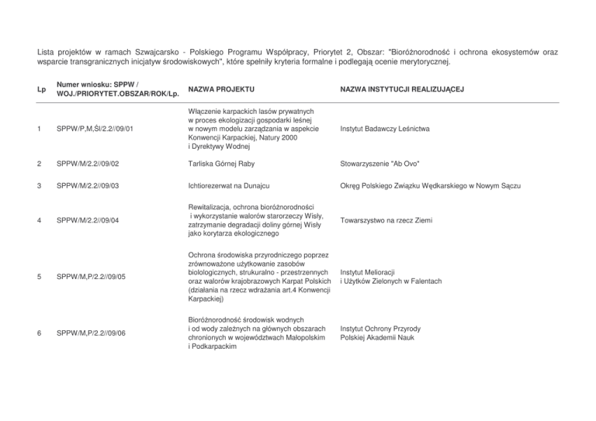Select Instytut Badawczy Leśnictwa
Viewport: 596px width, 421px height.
point(386,128)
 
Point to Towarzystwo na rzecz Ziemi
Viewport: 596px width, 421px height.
point(384,219)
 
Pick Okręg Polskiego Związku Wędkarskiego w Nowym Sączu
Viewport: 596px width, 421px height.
point(429,187)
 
